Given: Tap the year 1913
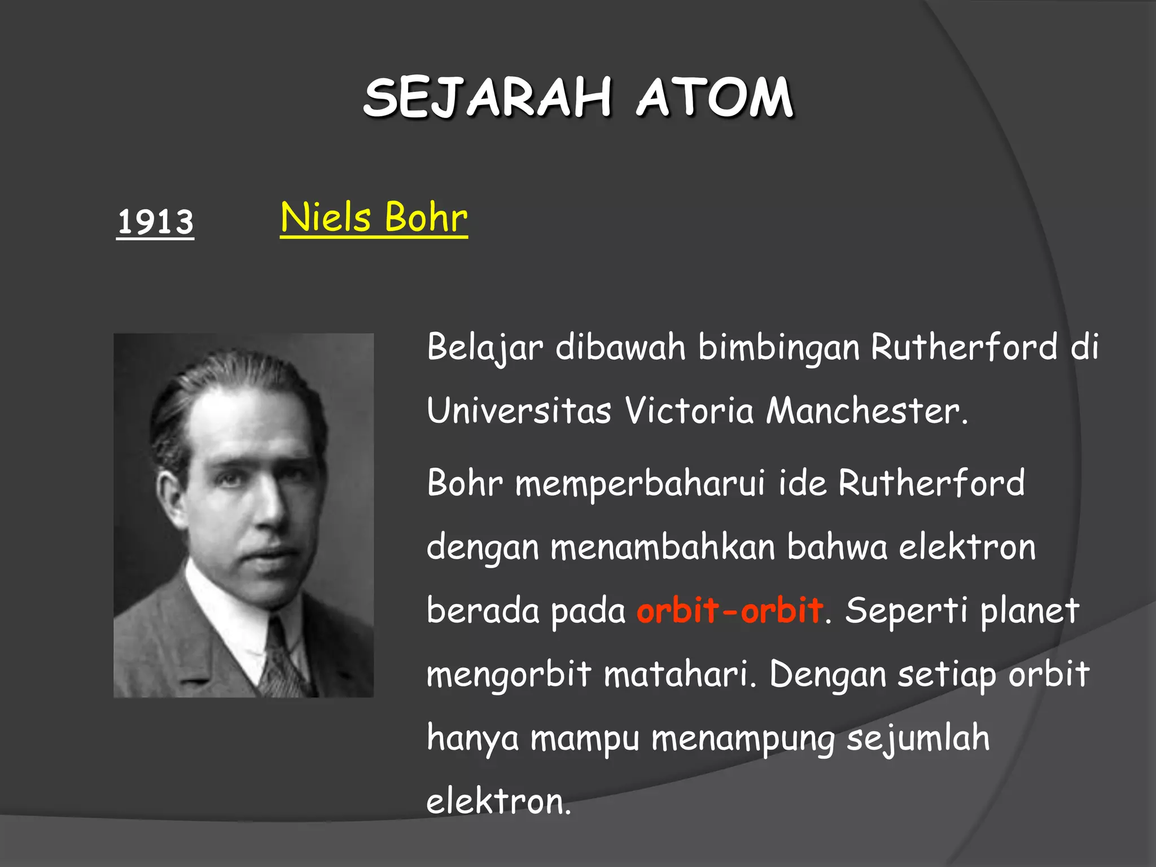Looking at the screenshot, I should (155, 221).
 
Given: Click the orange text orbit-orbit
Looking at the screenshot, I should (729, 611).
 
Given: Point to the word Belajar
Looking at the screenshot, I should (485, 347).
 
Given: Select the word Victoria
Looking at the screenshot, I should (689, 410).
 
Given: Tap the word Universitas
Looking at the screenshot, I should (519, 410).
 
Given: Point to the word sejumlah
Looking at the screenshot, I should (918, 738).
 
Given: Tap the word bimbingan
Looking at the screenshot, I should (778, 347).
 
